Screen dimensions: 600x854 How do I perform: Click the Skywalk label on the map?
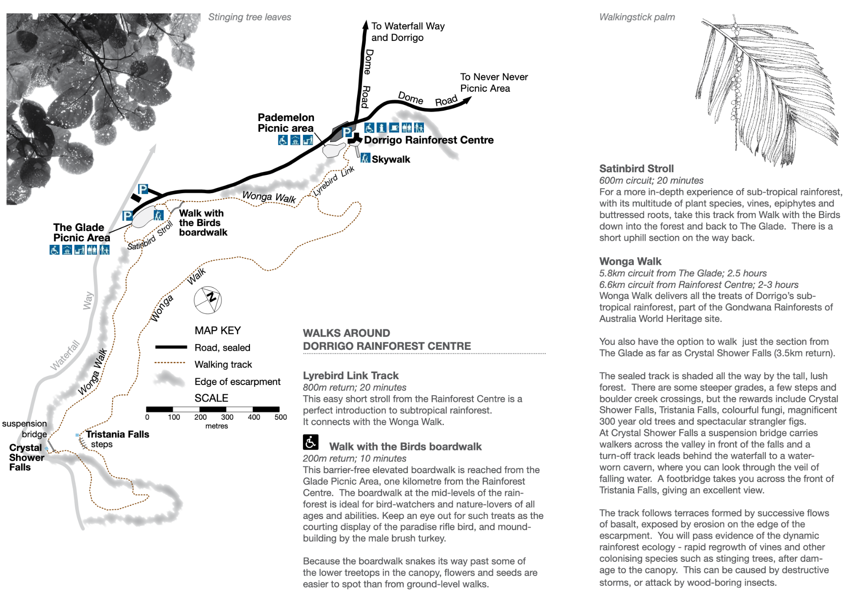[x=391, y=159]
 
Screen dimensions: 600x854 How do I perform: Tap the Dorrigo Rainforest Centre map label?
[x=428, y=140]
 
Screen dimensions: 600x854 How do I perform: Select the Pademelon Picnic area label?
[x=286, y=123]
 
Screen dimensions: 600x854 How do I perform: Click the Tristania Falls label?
[x=117, y=434]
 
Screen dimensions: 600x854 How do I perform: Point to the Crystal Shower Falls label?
[x=26, y=457]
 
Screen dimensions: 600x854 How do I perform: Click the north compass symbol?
[x=208, y=300]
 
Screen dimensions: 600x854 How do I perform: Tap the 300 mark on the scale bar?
[x=227, y=417]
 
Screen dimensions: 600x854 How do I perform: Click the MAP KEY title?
[x=218, y=330]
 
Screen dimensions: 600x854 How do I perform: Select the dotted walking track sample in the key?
[x=170, y=363]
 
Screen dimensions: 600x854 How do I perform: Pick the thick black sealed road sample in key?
[x=171, y=347]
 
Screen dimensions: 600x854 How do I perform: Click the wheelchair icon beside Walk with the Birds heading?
[x=310, y=442]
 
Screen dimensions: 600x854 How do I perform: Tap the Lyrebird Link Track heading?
[x=350, y=376]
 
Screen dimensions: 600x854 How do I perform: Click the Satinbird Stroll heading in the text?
[x=636, y=169]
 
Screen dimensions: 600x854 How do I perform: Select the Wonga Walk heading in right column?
[x=630, y=261]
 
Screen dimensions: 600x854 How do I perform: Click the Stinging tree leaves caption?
[x=250, y=17]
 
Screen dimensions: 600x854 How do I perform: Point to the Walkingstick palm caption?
[x=636, y=17]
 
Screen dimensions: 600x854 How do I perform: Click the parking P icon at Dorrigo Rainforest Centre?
[x=347, y=132]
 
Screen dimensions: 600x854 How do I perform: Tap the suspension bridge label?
[x=25, y=429]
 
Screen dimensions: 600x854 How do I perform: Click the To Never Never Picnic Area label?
[x=493, y=83]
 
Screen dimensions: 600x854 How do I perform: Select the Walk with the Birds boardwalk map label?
[x=203, y=223]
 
